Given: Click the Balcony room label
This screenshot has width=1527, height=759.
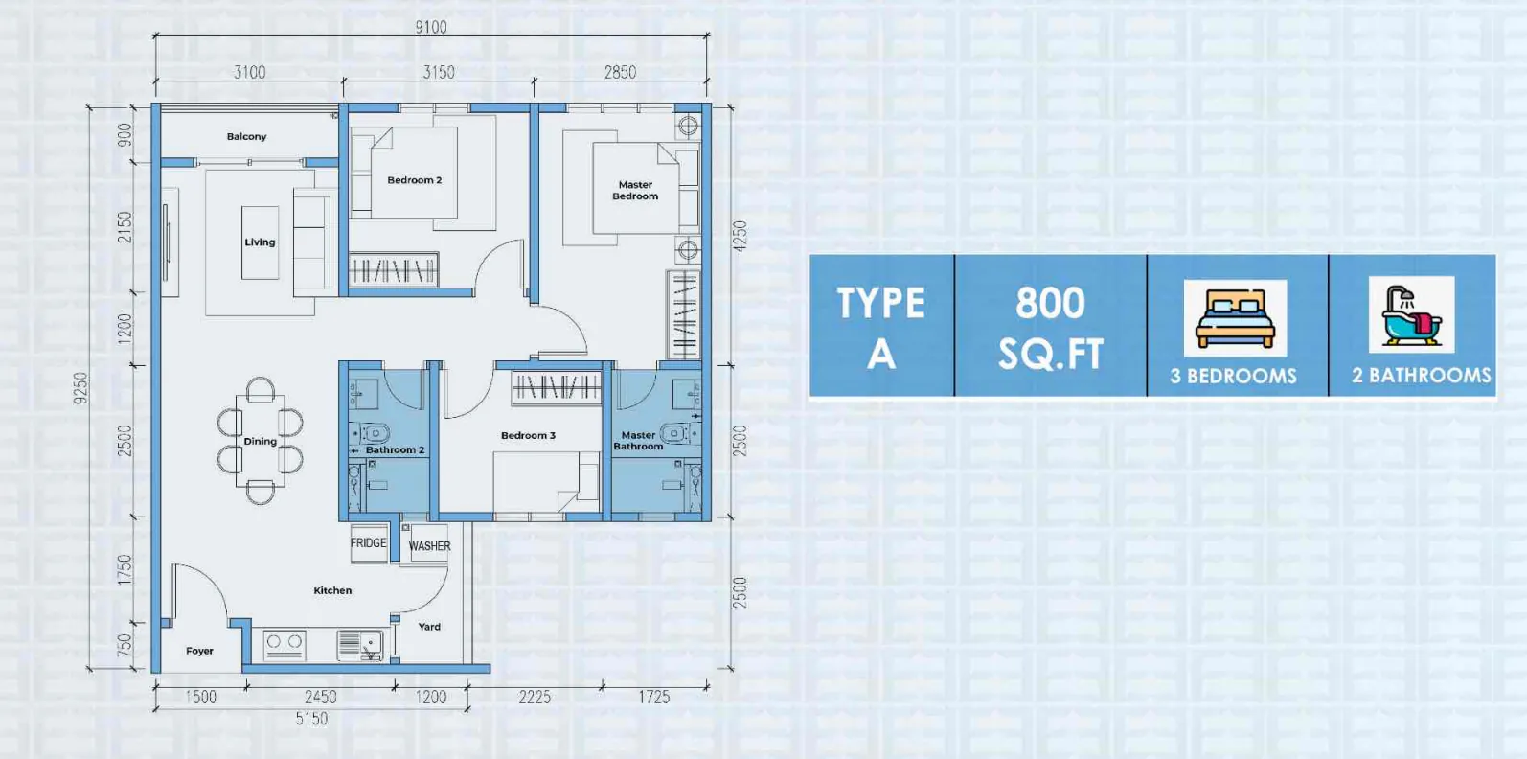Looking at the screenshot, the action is [247, 136].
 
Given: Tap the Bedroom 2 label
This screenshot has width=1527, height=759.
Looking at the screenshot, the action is [415, 180].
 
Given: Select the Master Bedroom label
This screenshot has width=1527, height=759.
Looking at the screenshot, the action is [635, 191].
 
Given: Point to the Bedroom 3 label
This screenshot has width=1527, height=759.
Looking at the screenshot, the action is [528, 435].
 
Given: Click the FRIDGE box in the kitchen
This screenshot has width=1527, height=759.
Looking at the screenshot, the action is [369, 542].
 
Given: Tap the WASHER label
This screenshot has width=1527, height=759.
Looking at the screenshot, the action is [429, 546].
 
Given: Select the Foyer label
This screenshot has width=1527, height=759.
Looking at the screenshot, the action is [200, 651].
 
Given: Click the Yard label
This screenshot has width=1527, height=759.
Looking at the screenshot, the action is [429, 626].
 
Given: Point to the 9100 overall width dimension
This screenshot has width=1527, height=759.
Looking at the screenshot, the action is [431, 27].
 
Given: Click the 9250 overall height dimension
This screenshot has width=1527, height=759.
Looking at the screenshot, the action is [81, 388].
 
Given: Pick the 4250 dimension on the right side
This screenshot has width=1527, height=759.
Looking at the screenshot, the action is [741, 237].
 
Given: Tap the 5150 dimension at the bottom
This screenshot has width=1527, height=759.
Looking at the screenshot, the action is [311, 719].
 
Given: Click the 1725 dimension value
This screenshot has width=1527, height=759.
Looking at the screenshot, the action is [654, 697].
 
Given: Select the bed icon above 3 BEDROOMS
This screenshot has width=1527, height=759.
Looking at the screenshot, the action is [1235, 318].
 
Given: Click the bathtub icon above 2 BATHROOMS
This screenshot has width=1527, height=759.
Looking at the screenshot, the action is [1411, 314].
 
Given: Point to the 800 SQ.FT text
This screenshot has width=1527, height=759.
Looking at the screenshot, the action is [1051, 328].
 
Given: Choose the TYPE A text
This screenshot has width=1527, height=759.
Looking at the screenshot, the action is [880, 328].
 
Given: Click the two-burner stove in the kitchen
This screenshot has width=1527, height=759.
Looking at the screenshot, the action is [285, 644].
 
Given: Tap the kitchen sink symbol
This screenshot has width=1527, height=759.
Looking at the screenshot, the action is [360, 644].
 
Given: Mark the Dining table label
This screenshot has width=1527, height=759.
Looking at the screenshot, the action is [261, 441].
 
